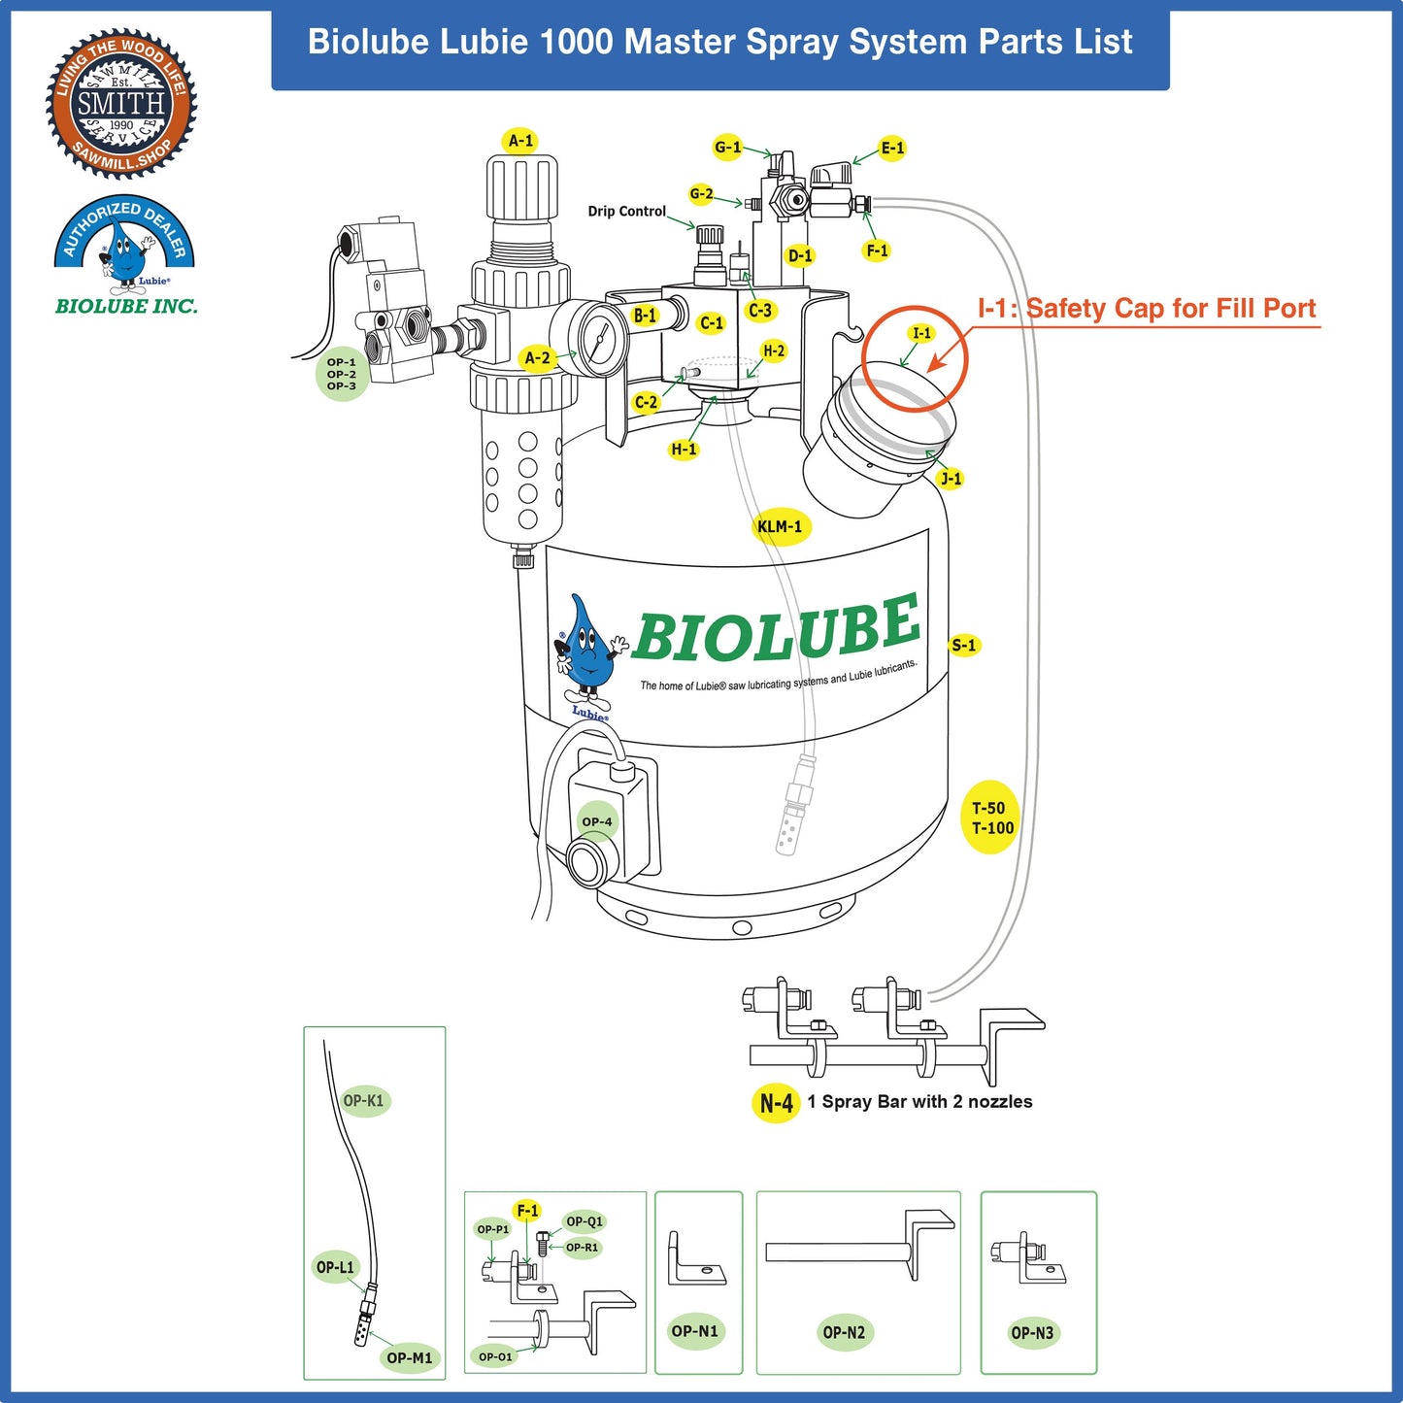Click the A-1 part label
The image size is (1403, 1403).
click(521, 141)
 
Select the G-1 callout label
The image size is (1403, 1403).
click(727, 148)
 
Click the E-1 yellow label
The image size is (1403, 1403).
click(892, 148)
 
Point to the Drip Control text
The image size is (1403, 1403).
click(626, 211)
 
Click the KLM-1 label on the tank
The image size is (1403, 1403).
click(780, 526)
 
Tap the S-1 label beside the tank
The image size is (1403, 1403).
click(964, 645)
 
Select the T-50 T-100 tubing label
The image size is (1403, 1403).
click(991, 818)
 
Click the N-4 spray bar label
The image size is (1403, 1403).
click(776, 1103)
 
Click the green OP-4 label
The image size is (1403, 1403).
click(597, 821)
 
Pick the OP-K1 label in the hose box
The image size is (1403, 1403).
click(364, 1100)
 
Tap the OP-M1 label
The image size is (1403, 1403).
click(409, 1357)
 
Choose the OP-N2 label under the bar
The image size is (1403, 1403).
click(843, 1332)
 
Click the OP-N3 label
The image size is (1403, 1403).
click(1031, 1332)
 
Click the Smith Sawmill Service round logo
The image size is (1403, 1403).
click(121, 103)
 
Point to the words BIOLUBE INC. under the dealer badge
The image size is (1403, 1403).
click(126, 306)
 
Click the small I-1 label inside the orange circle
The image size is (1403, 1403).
click(921, 333)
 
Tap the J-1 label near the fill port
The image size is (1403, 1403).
click(951, 478)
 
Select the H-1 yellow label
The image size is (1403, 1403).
click(684, 449)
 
